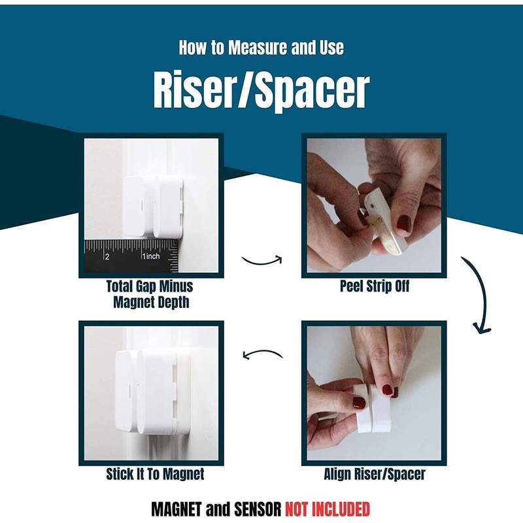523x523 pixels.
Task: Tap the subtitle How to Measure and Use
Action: coord(261,48)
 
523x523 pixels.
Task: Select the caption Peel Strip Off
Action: coord(375,286)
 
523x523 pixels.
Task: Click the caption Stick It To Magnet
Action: coord(155,475)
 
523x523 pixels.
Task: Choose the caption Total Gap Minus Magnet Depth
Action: coord(150,294)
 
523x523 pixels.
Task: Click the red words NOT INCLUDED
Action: coord(327,509)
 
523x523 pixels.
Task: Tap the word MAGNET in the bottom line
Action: coord(177,509)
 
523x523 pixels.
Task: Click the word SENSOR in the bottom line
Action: coord(256,509)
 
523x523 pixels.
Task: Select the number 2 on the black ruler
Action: coord(107,256)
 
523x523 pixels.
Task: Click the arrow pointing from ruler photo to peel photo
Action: coord(261,260)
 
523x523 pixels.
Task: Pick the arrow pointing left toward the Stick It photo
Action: coord(262,355)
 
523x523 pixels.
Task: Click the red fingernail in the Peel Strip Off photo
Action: coord(403,224)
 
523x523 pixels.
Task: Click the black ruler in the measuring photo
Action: coord(131,256)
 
